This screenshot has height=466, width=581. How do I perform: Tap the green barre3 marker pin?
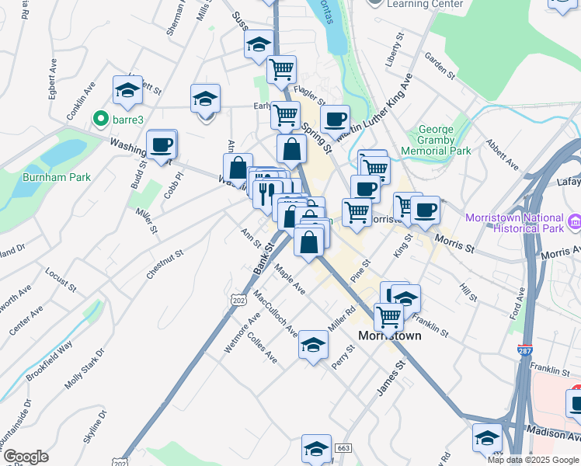coord(99,120)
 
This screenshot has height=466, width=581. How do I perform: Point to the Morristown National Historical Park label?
coord(513,223)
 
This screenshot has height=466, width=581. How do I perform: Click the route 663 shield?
coord(343,448)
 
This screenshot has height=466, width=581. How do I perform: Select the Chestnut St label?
coord(165,264)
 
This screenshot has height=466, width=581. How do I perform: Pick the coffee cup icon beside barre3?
coord(162,144)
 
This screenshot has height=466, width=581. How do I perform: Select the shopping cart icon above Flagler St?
coord(281,69)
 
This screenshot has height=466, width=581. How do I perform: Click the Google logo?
coord(25,457)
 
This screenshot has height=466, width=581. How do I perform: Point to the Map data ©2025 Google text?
coord(532,460)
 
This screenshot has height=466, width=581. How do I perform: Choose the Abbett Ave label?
coord(502,155)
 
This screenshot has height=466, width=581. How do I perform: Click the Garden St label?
coord(440,65)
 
